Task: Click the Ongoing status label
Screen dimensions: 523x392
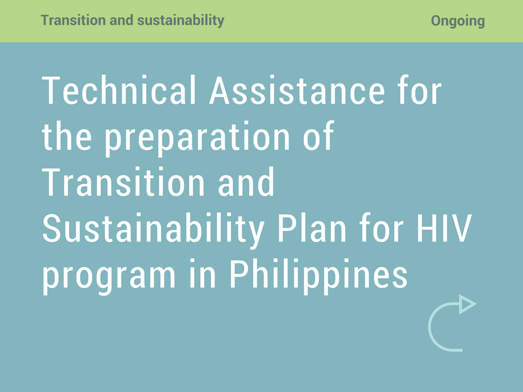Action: pos(458,21)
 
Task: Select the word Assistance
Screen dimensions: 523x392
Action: pos(297,90)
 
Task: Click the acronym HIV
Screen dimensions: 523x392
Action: pos(444,228)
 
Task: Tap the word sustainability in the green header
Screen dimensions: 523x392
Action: pos(181,20)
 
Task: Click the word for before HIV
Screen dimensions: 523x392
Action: pos(382,228)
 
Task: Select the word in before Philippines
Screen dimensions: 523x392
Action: pos(203,274)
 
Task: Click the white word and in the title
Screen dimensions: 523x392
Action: pos(246,182)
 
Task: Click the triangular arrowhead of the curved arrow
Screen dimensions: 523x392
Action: pos(467,304)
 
